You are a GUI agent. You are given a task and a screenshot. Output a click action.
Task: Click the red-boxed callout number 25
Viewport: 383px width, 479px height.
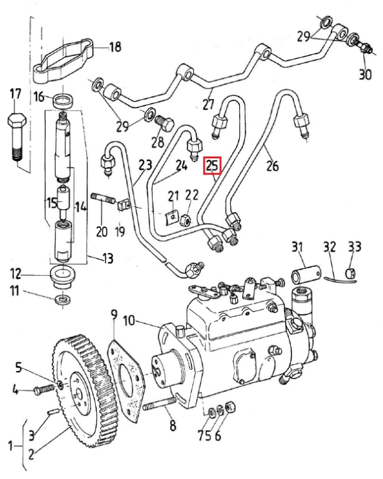[212, 165]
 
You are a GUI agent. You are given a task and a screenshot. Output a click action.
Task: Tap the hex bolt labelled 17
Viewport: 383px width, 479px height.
[17, 137]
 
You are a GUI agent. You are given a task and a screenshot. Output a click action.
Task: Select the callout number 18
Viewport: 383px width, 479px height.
[115, 47]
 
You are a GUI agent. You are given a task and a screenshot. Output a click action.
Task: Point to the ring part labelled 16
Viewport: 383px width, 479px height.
[63, 101]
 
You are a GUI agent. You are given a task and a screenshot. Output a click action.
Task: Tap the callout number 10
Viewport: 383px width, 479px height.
[129, 321]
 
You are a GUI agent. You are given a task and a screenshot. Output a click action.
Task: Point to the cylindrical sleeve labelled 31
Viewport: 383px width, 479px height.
[306, 275]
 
